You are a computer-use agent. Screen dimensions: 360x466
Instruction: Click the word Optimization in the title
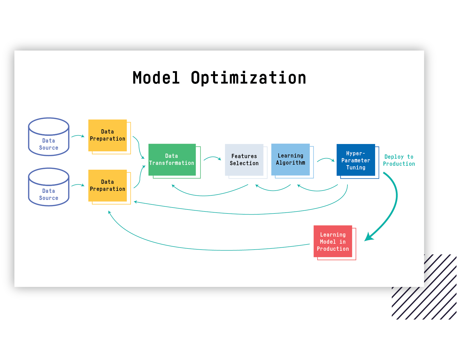[x=248, y=78]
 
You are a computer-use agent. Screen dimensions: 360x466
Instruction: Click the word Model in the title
[x=156, y=78]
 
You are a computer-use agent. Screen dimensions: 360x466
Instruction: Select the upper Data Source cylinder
[x=49, y=137]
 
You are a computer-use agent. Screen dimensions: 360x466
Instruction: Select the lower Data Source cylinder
[x=49, y=187]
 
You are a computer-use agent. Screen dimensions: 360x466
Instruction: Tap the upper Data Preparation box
[x=108, y=136]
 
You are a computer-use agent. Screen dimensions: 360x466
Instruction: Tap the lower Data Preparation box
[x=108, y=186]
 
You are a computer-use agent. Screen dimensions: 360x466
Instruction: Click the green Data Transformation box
[x=172, y=160]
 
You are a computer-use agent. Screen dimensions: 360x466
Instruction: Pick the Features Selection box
[x=244, y=160]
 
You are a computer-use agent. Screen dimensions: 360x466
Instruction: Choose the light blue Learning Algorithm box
[x=290, y=160]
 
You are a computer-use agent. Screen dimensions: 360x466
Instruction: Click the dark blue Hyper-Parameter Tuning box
[x=356, y=160]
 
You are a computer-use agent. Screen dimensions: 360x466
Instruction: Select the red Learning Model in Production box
[x=333, y=241]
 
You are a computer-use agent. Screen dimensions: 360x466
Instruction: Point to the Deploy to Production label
[x=399, y=160]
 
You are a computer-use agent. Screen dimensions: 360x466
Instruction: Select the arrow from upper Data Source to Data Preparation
[x=78, y=136]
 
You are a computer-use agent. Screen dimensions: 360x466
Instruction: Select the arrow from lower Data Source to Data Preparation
[x=78, y=185]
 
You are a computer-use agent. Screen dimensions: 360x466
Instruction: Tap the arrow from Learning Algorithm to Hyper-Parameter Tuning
[x=325, y=160]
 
